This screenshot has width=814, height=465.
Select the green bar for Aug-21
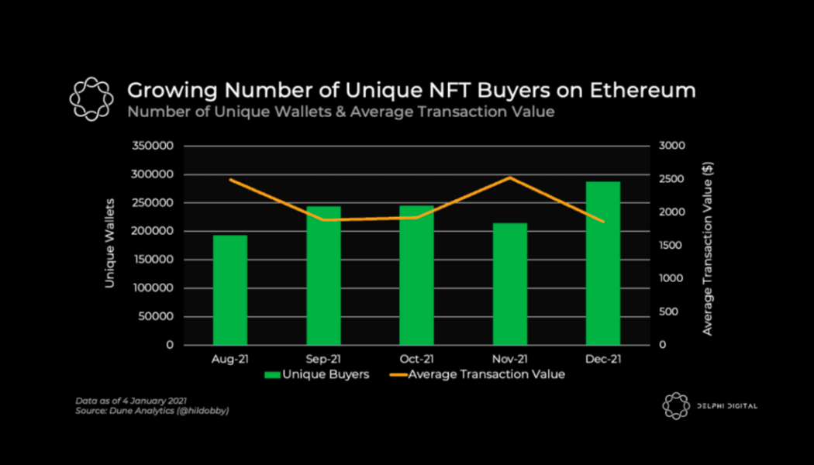[x=230, y=290]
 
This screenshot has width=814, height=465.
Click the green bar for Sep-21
[x=323, y=275]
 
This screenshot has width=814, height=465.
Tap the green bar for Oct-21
[x=416, y=275]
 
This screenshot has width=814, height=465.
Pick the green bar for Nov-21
[x=510, y=284]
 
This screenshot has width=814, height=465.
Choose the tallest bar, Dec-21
[x=603, y=263]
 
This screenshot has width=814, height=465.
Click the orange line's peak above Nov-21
[x=509, y=177]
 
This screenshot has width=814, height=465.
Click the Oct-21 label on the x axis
[x=416, y=359]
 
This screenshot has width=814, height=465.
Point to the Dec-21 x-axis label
[x=603, y=359]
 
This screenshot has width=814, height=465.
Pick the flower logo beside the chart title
[x=87, y=98]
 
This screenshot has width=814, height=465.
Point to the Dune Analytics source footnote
[x=152, y=410]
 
